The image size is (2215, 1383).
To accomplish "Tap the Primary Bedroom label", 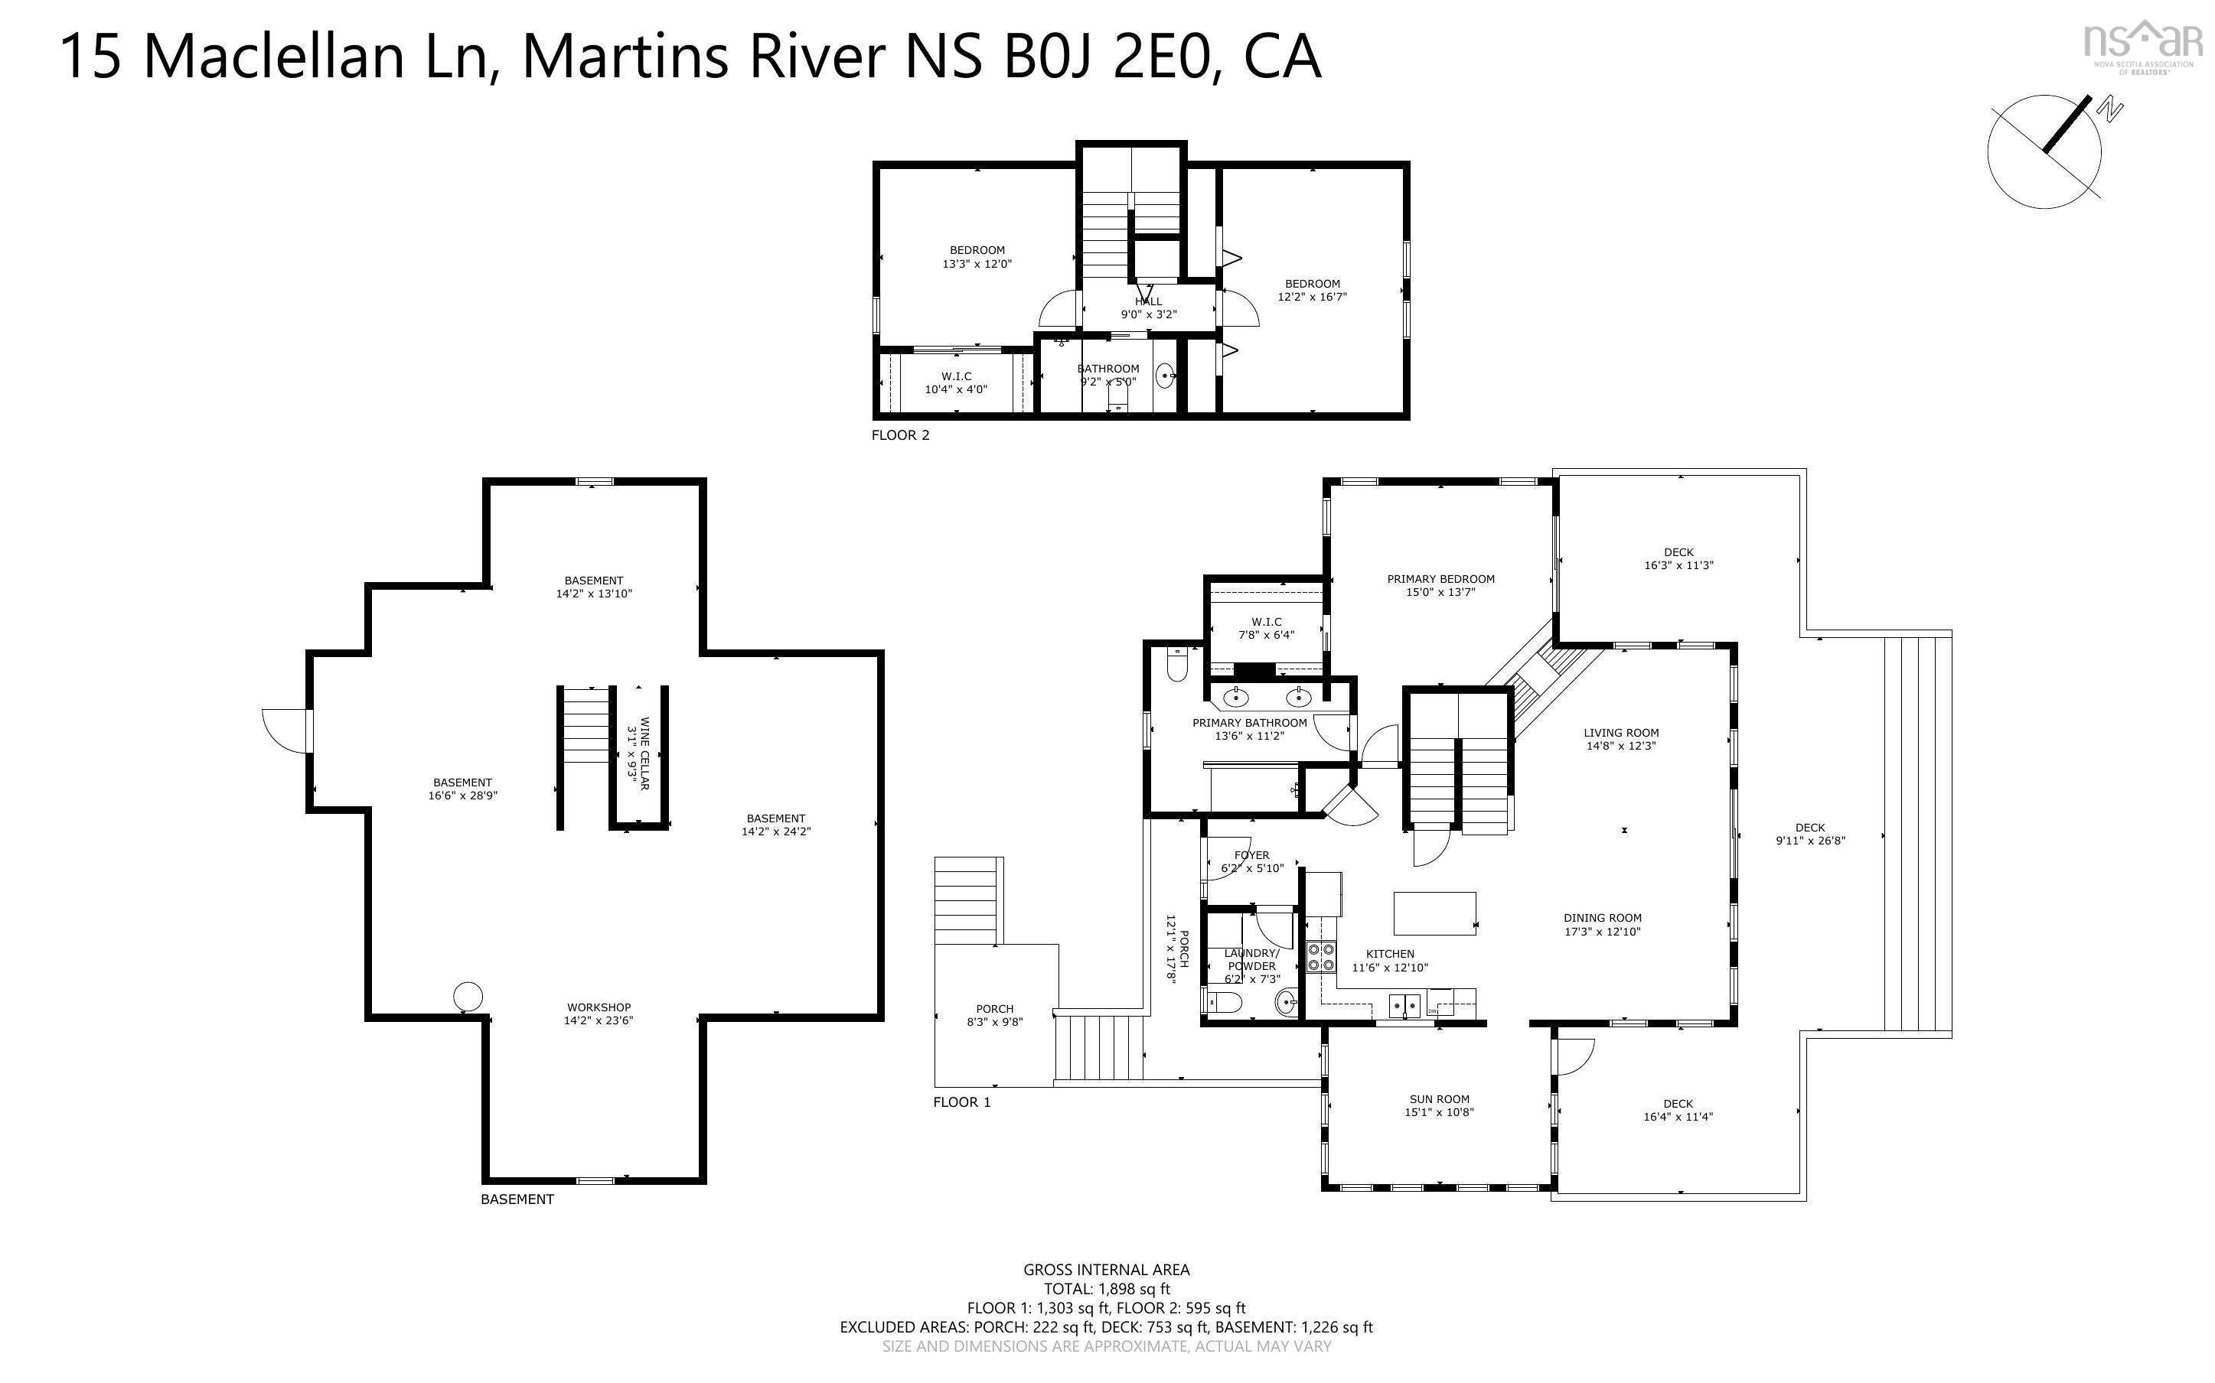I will (x=1440, y=579).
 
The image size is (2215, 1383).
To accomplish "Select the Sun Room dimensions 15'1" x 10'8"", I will (x=1439, y=1112).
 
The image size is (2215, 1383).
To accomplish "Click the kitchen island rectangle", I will (x=1434, y=913).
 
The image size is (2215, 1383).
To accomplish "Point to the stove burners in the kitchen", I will (x=1320, y=957).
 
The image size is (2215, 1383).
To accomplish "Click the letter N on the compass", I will (x=2111, y=112).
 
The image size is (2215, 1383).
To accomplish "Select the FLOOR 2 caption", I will (x=899, y=435).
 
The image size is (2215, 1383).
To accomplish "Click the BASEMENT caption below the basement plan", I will (x=517, y=1199).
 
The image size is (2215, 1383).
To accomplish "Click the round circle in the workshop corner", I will (x=468, y=996).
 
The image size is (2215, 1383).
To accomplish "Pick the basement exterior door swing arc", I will (x=285, y=731).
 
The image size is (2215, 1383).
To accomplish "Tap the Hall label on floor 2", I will (x=1148, y=301).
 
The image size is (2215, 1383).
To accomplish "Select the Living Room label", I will (x=1620, y=733).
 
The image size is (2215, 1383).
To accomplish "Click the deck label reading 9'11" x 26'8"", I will (x=1809, y=841).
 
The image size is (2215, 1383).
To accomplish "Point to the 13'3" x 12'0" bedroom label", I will (x=977, y=263).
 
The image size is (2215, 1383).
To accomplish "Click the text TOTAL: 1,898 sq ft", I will (x=1106, y=1289).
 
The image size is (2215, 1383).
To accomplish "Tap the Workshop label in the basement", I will (x=599, y=1007).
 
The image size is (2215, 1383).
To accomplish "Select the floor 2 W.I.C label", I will (x=956, y=376).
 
